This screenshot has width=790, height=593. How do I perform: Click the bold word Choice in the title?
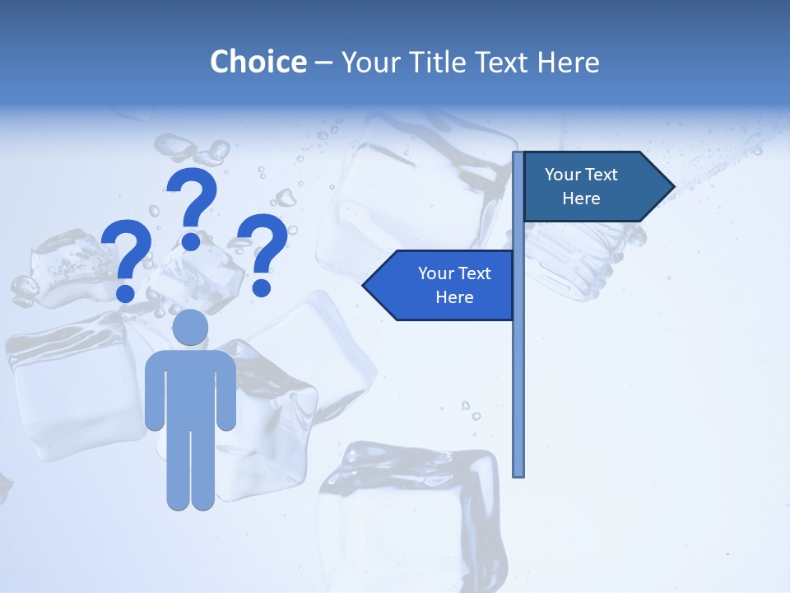pos(258,62)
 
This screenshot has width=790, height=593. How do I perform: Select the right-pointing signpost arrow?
pos(592,187)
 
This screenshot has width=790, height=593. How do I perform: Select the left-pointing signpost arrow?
pos(444,285)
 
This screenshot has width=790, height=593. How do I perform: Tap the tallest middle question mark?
pos(193,206)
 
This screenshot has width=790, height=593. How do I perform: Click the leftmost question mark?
pos(127,259)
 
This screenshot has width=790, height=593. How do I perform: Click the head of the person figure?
pos(190,327)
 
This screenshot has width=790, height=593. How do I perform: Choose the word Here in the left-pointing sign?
pos(454,297)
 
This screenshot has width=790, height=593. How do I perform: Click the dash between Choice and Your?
pos(323,63)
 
